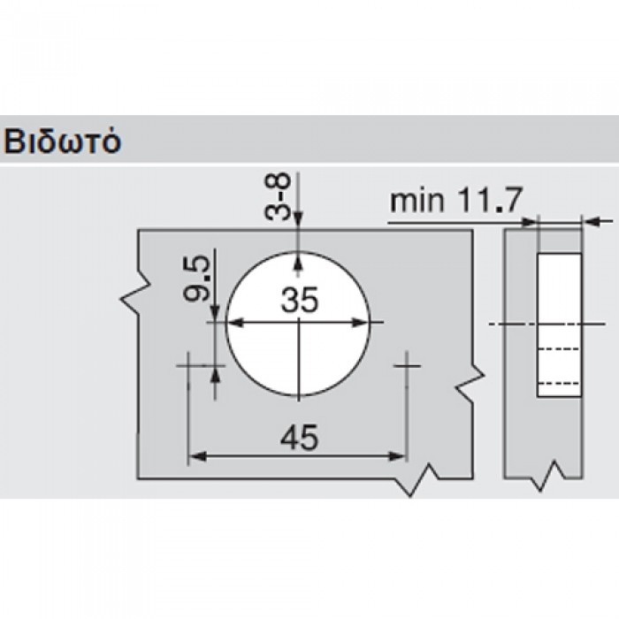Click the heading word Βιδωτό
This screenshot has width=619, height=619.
[x=61, y=141]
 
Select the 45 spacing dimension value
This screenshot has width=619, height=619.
[x=298, y=436]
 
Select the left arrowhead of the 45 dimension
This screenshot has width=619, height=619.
[x=195, y=456]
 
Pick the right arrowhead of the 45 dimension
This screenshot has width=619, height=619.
[x=400, y=456]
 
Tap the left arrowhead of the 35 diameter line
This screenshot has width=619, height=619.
[x=233, y=323]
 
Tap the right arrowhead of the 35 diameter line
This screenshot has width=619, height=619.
[x=365, y=323]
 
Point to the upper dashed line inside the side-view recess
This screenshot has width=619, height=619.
[x=559, y=350]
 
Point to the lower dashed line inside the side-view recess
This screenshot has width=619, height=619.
[x=559, y=382]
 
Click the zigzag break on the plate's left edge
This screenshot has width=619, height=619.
[x=133, y=296]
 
